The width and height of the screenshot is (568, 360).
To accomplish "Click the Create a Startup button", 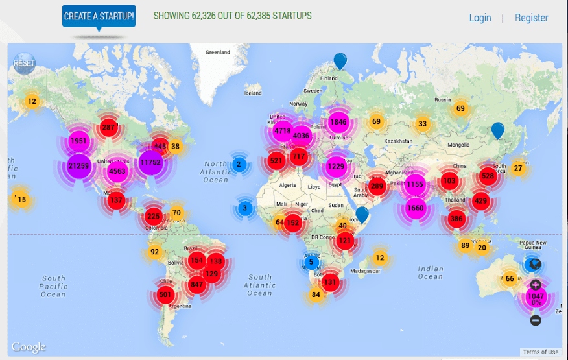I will (99, 16).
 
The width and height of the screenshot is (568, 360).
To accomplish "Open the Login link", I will (480, 18).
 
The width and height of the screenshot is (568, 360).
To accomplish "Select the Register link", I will (531, 18).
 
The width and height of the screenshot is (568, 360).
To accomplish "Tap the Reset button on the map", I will (24, 64).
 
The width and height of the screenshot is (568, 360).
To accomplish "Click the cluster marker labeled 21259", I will (78, 166).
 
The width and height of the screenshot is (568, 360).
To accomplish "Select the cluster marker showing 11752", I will (150, 163).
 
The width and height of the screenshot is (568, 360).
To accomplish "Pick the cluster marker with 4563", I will (117, 171).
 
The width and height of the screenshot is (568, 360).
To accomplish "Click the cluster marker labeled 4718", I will (283, 130).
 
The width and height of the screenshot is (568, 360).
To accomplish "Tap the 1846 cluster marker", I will (338, 122).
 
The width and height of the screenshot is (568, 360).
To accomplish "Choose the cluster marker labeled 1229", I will (336, 167).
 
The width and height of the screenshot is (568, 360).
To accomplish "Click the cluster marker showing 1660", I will (415, 208).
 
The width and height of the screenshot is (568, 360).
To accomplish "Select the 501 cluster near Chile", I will (165, 295).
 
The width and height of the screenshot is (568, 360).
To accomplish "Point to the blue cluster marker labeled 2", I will (239, 165).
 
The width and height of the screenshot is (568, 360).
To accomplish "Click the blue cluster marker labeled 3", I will (244, 208).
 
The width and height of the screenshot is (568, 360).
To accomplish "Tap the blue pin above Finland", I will (340, 60).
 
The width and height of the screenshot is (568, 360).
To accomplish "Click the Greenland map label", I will (217, 52).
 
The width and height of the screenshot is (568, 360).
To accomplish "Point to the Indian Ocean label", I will (430, 272).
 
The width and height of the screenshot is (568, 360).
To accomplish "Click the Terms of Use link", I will (540, 352).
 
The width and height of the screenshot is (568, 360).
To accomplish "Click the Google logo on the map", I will (29, 347).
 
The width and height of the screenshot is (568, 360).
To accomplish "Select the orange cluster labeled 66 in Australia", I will (510, 279).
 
